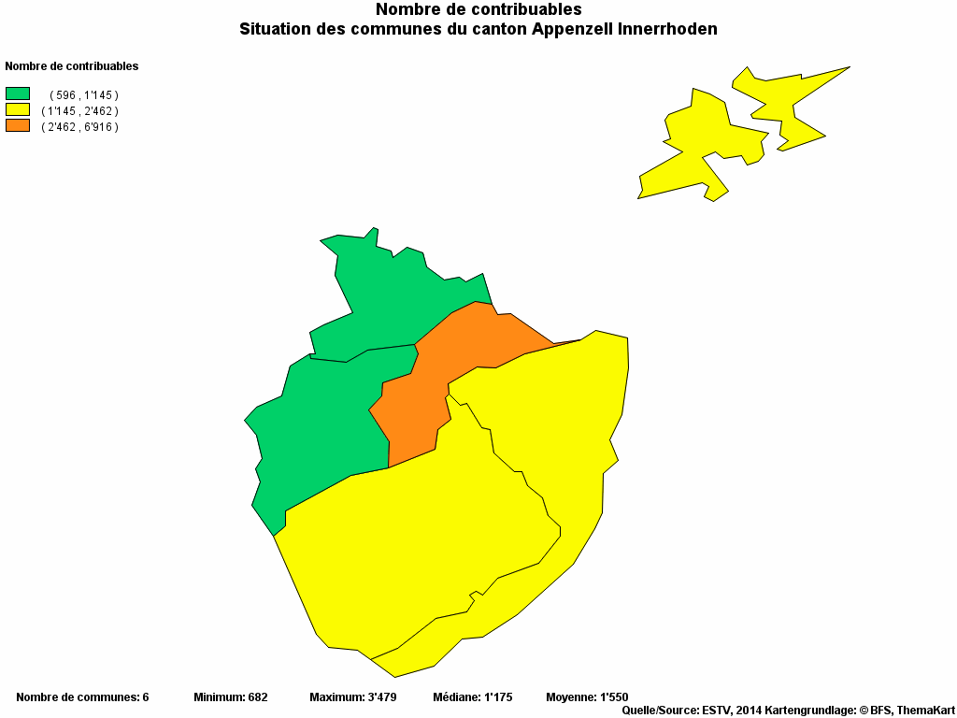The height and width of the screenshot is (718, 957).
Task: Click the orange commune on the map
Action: click(439, 374)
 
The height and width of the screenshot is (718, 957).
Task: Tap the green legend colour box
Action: click(18, 93)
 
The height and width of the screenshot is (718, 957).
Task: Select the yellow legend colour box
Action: click(18, 109)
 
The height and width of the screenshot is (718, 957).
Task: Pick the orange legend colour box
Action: click(18, 124)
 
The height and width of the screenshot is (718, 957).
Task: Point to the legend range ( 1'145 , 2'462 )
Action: click(79, 111)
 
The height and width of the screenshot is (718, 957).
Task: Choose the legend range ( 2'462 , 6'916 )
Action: click(79, 127)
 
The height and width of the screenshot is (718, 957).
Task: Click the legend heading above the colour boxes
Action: click(72, 66)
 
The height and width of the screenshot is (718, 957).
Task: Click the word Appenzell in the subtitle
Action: click(573, 29)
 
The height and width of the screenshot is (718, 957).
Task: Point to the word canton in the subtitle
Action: click(499, 29)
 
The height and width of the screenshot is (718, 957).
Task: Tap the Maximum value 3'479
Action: click(380, 697)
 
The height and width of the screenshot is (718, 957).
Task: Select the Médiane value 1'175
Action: click(501, 697)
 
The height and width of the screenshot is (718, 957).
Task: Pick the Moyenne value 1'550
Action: click(613, 697)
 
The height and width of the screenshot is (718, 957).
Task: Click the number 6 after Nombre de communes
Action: click(145, 697)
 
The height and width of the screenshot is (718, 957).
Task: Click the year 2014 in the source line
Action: click(750, 711)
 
